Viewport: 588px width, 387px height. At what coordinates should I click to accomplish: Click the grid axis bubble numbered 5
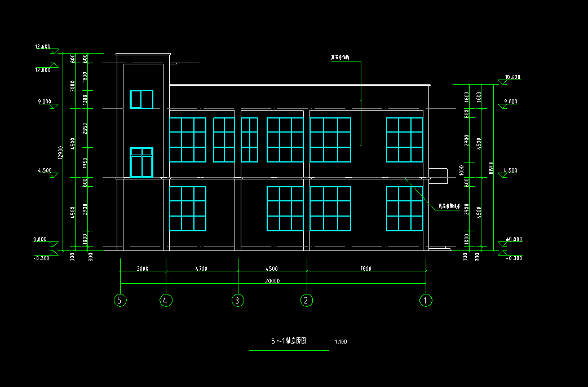(x=120, y=300)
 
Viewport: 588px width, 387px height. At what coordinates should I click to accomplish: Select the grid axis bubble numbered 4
(x=166, y=300)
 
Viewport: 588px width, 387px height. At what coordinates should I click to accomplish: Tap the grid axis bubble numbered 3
(x=238, y=300)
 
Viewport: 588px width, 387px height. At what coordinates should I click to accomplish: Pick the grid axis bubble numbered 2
(x=307, y=300)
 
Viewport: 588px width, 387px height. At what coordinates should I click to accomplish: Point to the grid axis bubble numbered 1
(x=426, y=300)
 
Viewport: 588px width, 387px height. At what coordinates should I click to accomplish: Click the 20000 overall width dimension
(x=272, y=280)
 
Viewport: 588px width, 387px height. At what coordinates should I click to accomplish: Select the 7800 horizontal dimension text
(x=365, y=269)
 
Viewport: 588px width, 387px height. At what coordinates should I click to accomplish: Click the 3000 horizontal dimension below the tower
(x=143, y=269)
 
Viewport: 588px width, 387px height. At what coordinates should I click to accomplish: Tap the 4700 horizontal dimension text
(x=201, y=269)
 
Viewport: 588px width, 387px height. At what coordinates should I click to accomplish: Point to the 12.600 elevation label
(x=43, y=47)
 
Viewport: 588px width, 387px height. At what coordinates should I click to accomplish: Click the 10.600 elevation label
(x=512, y=77)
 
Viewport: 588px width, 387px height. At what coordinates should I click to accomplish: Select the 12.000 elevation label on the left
(x=43, y=71)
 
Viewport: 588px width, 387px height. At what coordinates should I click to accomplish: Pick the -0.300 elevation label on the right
(x=514, y=258)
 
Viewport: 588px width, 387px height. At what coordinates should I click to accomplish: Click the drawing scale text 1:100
(x=341, y=342)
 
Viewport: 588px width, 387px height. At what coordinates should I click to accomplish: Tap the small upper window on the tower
(x=142, y=99)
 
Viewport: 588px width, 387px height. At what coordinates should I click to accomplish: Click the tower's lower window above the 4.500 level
(x=142, y=162)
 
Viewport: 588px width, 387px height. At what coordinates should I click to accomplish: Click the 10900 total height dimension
(x=492, y=168)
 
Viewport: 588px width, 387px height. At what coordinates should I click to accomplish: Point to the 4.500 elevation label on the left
(x=45, y=170)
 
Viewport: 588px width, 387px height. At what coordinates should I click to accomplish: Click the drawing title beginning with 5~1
(x=288, y=341)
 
